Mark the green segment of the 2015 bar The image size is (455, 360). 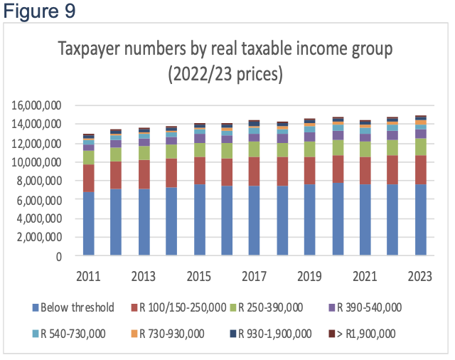coord(200,150)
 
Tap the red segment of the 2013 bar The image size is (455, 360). coord(144,174)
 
